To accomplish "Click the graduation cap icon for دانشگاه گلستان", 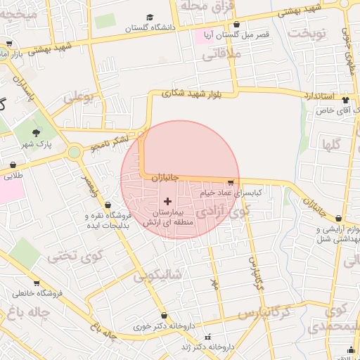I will coord(149,18).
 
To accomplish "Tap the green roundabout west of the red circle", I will coord(74,151).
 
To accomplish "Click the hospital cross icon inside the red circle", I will coord(167,202).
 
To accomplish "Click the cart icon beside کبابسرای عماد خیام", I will coord(231,183).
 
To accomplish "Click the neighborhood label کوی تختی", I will coord(67,256).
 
